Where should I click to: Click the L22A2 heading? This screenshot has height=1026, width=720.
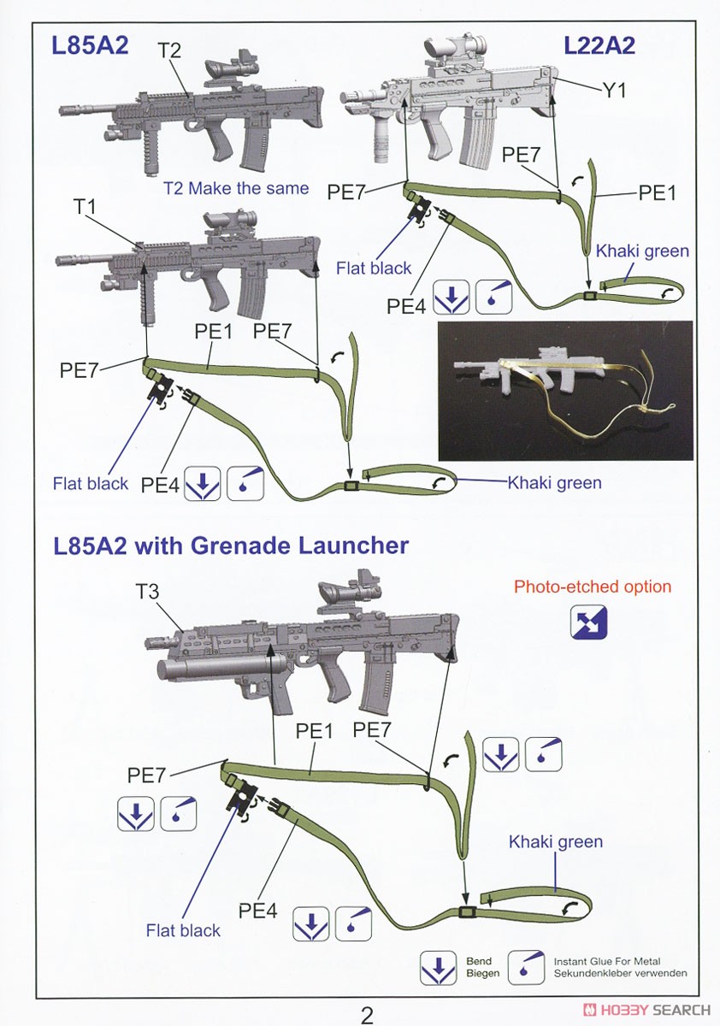599,45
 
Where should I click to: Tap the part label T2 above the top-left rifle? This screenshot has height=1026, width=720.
169,50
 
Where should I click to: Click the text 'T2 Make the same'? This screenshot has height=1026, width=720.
236,188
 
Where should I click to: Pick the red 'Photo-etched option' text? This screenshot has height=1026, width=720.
592,587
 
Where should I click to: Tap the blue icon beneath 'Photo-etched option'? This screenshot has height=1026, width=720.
589,622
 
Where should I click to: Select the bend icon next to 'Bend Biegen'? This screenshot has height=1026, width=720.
438,967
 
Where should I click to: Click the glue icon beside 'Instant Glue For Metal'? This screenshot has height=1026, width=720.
526,967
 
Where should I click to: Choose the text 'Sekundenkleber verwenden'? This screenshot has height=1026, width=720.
620,973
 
